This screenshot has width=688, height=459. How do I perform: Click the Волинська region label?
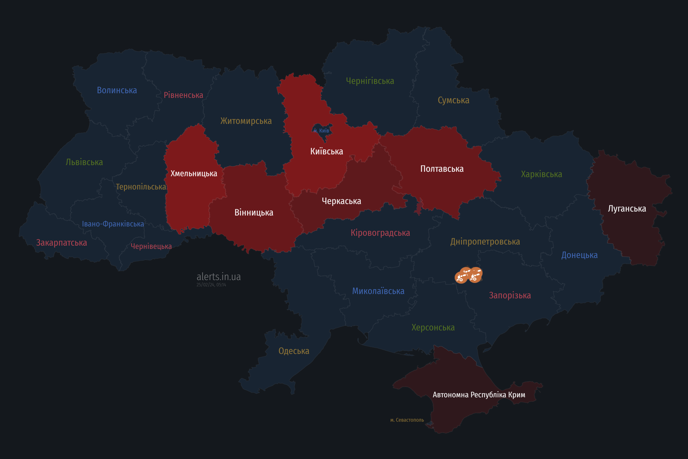pos(117,90)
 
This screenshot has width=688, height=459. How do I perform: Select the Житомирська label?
pos(246,121)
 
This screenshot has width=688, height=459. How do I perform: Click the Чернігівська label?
pos(370,81)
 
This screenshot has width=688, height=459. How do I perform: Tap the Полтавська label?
pos(442,169)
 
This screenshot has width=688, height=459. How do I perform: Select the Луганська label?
pos(627,209)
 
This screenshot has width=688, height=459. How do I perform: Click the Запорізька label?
pos(510,295)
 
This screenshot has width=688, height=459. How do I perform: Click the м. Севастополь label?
pos(407,420)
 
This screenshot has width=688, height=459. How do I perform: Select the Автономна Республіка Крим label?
pos(479,395)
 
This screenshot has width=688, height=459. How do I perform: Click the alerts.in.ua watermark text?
pos(219,277)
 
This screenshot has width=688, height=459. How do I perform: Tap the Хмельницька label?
pos(194,174)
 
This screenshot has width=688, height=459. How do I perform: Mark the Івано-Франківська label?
pos(113,224)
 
